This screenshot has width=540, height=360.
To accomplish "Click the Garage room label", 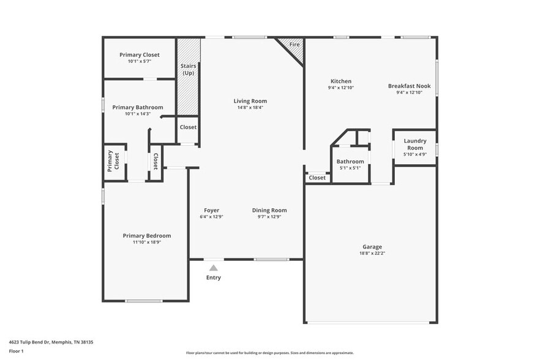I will click(x=371, y=247).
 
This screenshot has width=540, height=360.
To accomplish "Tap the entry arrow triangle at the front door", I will click(x=213, y=268).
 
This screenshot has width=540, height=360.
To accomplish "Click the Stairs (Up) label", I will click(x=188, y=70).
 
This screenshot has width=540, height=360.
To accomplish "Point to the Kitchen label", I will click(x=341, y=81).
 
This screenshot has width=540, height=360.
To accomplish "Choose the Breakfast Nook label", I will click(x=409, y=86).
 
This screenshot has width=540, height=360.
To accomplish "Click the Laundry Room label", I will click(x=414, y=144).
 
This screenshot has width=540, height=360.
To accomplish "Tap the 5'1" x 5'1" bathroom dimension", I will click(x=350, y=168).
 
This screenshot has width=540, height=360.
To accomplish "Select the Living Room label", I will click(x=250, y=101).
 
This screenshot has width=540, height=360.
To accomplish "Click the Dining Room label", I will click(x=269, y=210).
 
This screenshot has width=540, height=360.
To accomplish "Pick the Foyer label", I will click(x=211, y=210).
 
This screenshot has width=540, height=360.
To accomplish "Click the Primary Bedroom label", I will click(x=146, y=236).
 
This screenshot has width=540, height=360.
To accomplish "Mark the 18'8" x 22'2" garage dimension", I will click(x=371, y=253).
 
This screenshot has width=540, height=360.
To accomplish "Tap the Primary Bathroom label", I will click(x=138, y=107).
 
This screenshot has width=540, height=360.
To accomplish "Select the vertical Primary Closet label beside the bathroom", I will click(x=113, y=161).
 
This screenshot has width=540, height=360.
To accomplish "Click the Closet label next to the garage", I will click(x=317, y=178).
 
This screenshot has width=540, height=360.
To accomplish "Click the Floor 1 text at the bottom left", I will click(x=16, y=351).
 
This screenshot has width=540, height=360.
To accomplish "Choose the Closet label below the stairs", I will click(x=188, y=127).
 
